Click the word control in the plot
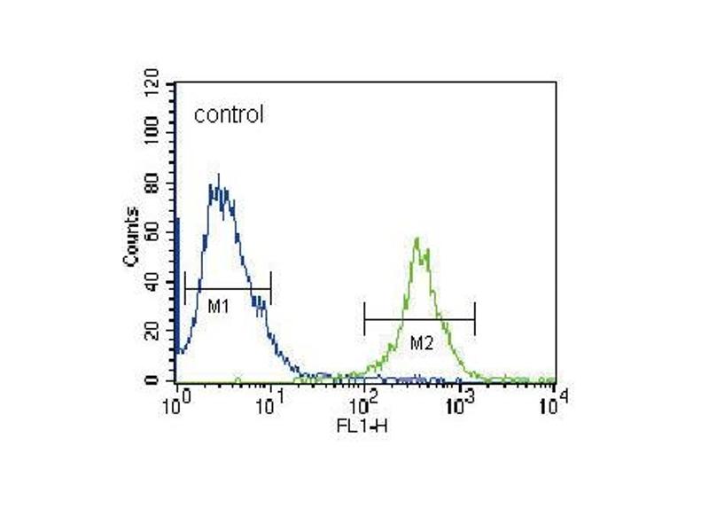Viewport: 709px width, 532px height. click(x=229, y=114)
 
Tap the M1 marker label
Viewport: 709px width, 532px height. click(x=219, y=307)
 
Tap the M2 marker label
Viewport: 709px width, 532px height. click(x=421, y=342)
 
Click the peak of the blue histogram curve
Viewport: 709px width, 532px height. click(x=218, y=176)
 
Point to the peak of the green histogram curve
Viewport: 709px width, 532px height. click(x=417, y=238)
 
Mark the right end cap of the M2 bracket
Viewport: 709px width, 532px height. click(x=475, y=319)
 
